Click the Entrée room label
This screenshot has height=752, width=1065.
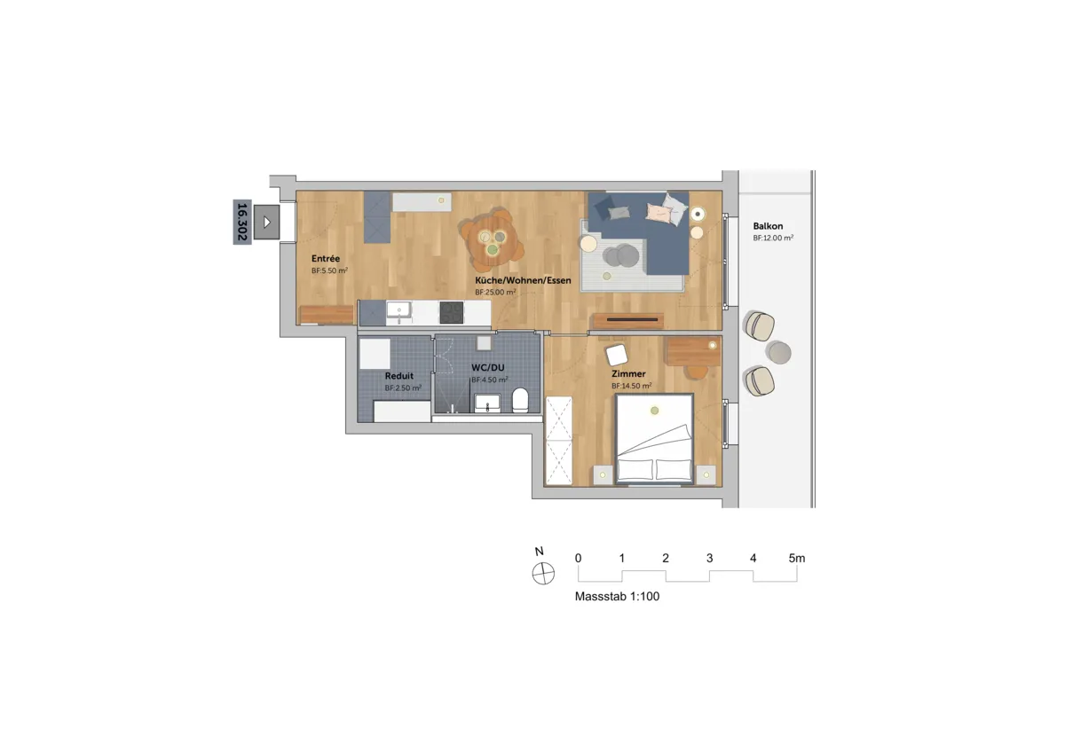point(326,258)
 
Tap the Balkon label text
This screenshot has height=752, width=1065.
point(768,226)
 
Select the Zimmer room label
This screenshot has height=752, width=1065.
point(628,374)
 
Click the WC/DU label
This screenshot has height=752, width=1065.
point(488,367)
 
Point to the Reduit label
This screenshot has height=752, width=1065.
point(398,376)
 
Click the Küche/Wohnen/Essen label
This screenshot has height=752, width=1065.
point(523,280)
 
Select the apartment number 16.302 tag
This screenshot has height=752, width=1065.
point(242,222)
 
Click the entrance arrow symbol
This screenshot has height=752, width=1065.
point(267,222)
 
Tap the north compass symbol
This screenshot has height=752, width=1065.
point(543,574)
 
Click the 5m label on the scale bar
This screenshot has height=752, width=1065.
point(797,558)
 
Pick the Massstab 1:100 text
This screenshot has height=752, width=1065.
point(617,597)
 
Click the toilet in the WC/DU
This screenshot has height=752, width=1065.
point(520,400)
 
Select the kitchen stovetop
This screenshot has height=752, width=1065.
point(451,312)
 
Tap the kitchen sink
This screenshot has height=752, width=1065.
point(398,309)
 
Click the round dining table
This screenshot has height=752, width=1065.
point(492,242)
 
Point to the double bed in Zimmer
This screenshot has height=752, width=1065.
point(654,439)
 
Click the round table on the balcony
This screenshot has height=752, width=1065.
point(779,353)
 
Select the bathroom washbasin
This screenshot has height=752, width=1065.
point(487,403)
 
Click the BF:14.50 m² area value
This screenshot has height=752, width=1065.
point(631,386)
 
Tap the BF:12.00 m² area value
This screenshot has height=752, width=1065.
point(773,238)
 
